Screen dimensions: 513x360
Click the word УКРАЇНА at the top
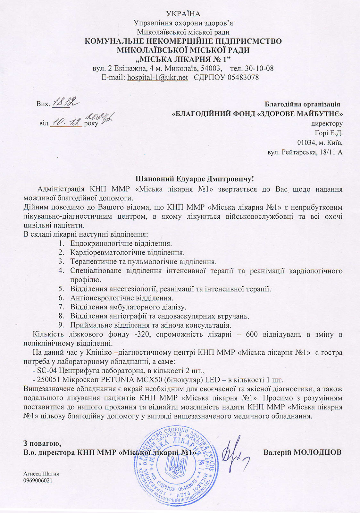tap(183, 14)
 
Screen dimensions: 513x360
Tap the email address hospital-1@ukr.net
tap(157, 77)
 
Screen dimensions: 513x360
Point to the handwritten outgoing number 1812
tap(66, 103)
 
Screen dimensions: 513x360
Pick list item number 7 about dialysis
tap(128, 307)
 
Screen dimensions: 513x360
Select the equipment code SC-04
tap(46, 371)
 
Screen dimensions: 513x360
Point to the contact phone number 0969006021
tap(38, 480)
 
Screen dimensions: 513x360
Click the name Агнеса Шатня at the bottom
tap(41, 474)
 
